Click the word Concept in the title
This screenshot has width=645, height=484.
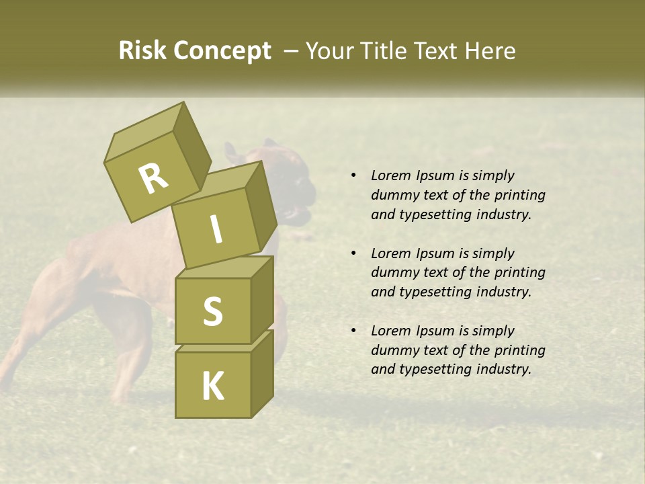[x=222, y=51]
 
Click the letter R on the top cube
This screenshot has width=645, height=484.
[x=153, y=179]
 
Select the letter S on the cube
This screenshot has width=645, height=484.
[x=212, y=311]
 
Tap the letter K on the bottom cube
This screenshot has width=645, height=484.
[x=212, y=387]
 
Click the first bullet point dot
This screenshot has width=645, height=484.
[x=353, y=175]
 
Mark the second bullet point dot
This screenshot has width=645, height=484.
[x=353, y=253]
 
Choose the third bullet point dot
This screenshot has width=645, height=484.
[x=353, y=331]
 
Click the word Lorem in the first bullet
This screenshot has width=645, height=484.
[x=390, y=175]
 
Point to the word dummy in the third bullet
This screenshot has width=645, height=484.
[x=393, y=350]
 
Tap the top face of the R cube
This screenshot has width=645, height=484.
[x=144, y=132]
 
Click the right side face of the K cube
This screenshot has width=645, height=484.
[x=262, y=373]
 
